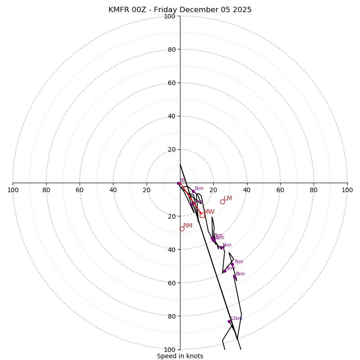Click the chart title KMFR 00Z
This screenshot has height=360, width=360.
pos(180,10)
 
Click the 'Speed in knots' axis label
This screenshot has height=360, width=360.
pos(180,356)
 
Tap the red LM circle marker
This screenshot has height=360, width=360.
pos(222,202)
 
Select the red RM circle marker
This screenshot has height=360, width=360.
pos(182,229)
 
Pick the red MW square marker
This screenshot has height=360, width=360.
pos(202,215)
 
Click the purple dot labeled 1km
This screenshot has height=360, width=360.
pos(193,191)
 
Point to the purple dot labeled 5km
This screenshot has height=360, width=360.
pos(221,247)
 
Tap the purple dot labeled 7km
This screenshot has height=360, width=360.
pos(232,264)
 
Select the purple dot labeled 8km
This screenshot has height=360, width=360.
pos(234,277)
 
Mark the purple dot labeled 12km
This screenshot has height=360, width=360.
pos(229,321)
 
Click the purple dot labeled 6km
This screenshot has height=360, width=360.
pos(225,271)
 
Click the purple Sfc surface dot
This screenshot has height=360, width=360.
pos(178,183)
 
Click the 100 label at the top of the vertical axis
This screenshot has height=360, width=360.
pos(170,16)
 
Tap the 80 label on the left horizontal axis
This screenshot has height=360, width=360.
pos(46,190)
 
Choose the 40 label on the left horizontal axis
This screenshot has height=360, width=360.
pos(113,190)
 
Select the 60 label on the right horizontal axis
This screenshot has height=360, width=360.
pos(280,190)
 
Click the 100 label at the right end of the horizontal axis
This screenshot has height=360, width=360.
pos(347,190)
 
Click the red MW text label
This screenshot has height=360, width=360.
pos(209,211)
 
